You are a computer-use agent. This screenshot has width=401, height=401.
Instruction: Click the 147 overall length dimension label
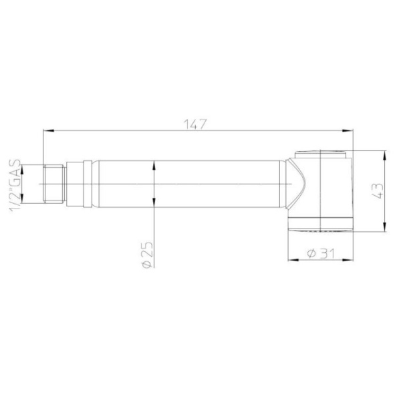pyautogui.click(x=195, y=124)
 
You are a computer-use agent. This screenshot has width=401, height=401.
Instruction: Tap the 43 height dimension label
pyautogui.click(x=378, y=190)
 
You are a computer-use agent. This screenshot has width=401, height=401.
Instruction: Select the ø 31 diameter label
pyautogui.click(x=321, y=253)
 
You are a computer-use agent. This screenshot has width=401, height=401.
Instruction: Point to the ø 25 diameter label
pyautogui.click(x=147, y=255)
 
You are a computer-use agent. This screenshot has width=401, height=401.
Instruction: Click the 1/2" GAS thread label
pyautogui.click(x=15, y=186)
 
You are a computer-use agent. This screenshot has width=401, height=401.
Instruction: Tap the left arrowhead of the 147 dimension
pyautogui.click(x=49, y=131)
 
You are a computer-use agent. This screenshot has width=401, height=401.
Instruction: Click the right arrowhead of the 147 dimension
pyautogui.click(x=348, y=131)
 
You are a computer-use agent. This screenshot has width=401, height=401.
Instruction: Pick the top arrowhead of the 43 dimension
pyautogui.click(x=384, y=156)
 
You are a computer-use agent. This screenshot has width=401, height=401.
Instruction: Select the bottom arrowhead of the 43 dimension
pyautogui.click(x=384, y=227)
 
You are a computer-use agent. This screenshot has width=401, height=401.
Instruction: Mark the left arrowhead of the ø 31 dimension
pyautogui.click(x=293, y=260)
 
